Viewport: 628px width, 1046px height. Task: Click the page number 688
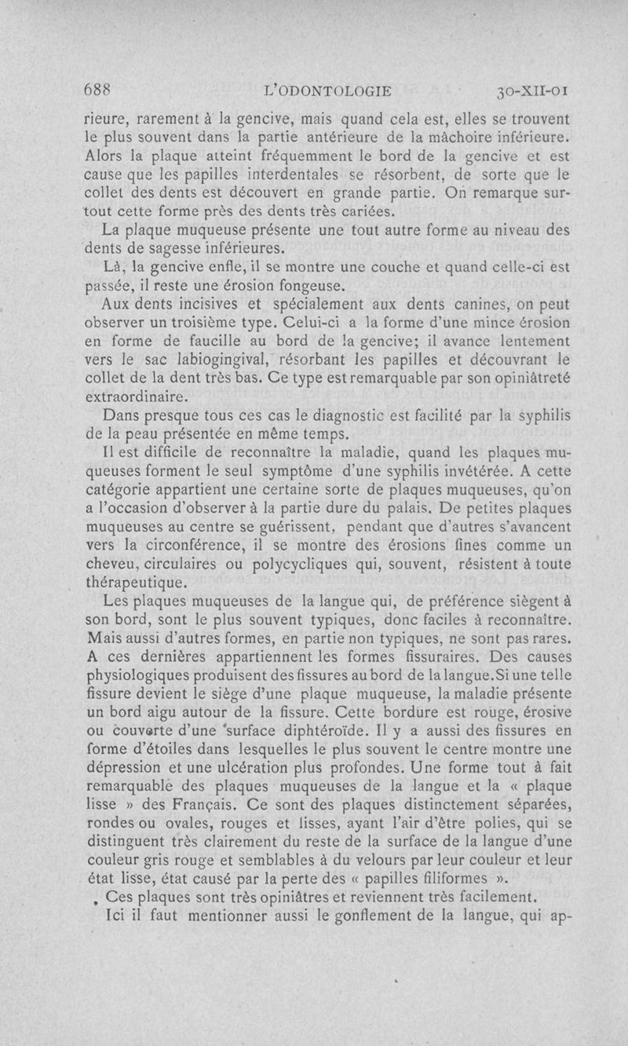[99, 90]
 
